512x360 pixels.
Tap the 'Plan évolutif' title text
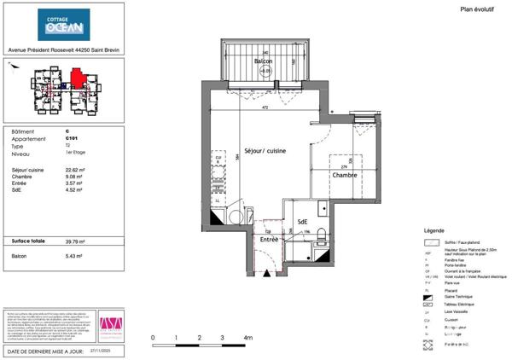click(x=478, y=9)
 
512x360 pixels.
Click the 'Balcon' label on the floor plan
click(x=265, y=62)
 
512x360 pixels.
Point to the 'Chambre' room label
click(x=345, y=175)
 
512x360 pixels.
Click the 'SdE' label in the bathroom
click(x=302, y=224)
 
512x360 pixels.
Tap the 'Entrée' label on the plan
click(x=270, y=240)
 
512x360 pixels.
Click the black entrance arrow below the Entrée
click(x=265, y=275)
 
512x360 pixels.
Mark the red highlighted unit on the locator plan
click(x=78, y=78)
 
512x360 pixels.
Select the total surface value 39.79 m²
click(x=76, y=241)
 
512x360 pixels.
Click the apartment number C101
click(x=72, y=138)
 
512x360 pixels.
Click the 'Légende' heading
click(x=434, y=231)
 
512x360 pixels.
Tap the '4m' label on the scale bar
click(x=247, y=339)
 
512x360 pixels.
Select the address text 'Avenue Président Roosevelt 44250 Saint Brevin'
click(x=63, y=49)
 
